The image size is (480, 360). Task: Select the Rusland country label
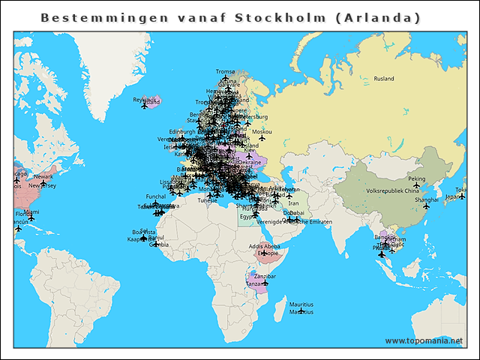pos(384,79)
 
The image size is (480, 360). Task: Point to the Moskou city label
pos(261,131)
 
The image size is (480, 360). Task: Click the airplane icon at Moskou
pos(262,138)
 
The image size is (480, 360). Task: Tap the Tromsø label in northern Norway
pos(225,72)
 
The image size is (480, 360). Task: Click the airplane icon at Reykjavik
pos(145,106)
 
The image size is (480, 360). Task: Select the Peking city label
pos(416,179)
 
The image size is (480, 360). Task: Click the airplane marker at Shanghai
pos(426,206)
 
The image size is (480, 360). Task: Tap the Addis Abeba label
pos(264,246)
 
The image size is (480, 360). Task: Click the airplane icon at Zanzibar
pos(265,283)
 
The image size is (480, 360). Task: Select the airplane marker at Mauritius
pos(301,311)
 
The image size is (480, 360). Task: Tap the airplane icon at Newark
pos(43,184)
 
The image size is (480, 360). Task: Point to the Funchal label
pos(155,196)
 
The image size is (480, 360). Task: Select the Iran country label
pos(293,203)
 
